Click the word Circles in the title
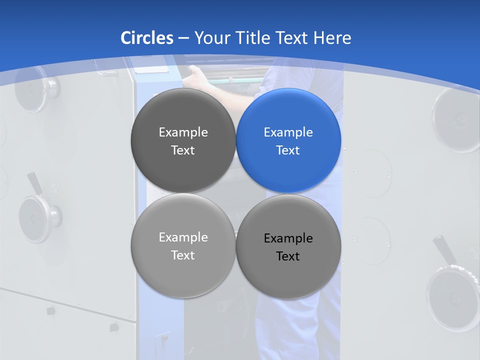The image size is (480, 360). point(147,38)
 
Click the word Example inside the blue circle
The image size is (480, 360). point(288,132)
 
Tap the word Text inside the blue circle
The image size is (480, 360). point(288,150)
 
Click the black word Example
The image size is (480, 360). point(288,238)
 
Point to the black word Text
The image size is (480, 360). point(288,256)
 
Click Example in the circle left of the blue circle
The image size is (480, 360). point(183,132)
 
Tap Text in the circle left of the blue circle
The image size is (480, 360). point(183,150)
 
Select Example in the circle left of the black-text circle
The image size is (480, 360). point(183,237)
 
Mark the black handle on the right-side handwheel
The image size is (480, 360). point(443,250)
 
